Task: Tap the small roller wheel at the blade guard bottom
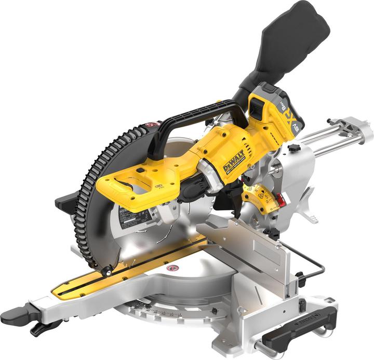point(107,272)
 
